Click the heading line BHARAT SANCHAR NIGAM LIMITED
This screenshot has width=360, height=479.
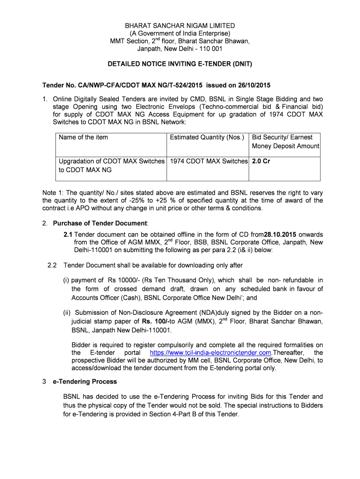pyautogui.click(x=180, y=26)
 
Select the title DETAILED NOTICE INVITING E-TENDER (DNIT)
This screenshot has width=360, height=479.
pyautogui.click(x=180, y=64)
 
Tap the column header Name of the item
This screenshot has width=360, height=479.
pyautogui.click(x=83, y=137)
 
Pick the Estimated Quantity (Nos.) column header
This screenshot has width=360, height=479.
pyautogui.click(x=207, y=137)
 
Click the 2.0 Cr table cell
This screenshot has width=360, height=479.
pyautogui.click(x=261, y=161)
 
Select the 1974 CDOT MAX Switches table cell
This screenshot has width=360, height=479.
pyautogui.click(x=209, y=161)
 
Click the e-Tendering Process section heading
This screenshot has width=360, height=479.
pyautogui.click(x=85, y=382)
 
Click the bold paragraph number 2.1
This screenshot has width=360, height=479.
pyautogui.click(x=68, y=234)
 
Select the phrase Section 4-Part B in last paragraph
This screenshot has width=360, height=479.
pyautogui.click(x=166, y=414)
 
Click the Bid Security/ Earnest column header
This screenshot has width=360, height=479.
pyautogui.click(x=282, y=137)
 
